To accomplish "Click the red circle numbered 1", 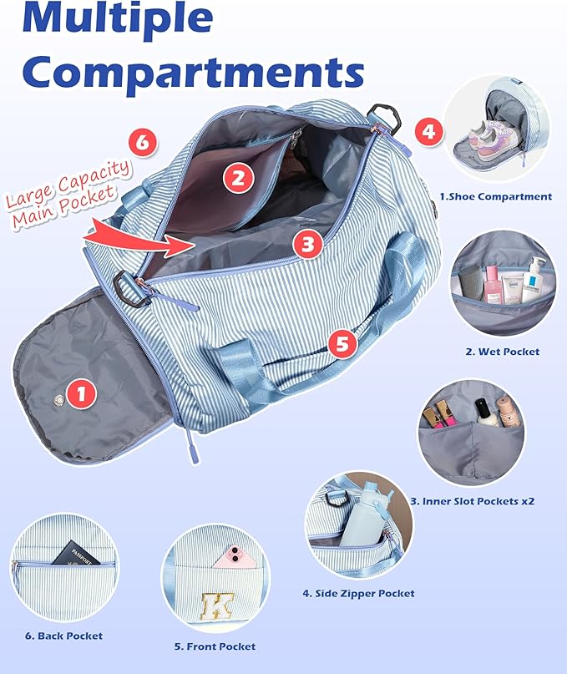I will pos(80,394).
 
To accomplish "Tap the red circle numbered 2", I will pos(238,177).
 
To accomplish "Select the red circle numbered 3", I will pos(307,244).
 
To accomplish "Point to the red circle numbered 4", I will pos(428,131).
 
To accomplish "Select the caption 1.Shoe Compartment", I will pos(495,197).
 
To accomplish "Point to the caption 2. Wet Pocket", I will pos(502,352).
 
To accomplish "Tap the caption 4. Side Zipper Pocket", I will pos(358,593).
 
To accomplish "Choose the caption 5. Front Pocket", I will pos(215,646).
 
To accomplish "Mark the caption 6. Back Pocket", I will pos(63,636).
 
